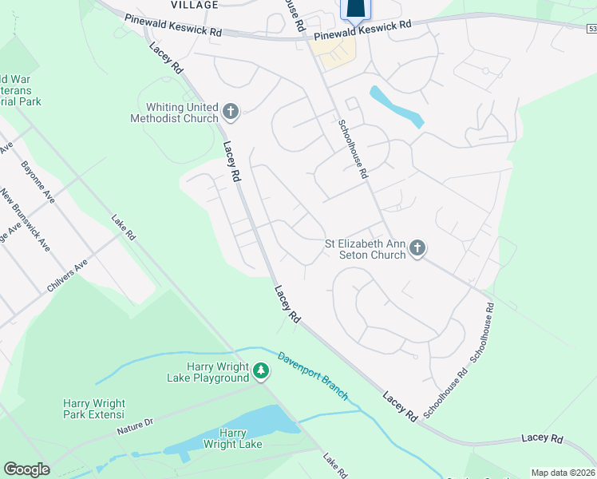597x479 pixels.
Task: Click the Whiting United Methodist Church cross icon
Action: point(231,112)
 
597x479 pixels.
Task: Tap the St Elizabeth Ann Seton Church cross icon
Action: point(417,249)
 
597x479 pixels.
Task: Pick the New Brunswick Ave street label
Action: point(25,220)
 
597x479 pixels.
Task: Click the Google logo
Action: point(26,469)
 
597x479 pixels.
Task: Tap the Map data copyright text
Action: point(563,473)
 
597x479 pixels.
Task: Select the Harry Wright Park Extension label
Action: point(94,409)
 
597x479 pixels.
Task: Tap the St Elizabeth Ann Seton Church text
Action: point(365,249)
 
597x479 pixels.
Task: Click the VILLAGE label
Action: point(194,5)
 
